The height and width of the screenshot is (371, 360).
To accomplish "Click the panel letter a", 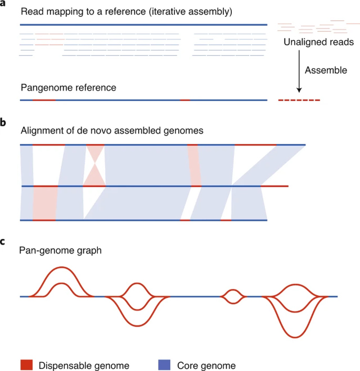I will coord(3,5).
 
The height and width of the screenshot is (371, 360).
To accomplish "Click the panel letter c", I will coord(3,242).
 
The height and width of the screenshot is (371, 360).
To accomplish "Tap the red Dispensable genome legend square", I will coord(26,365).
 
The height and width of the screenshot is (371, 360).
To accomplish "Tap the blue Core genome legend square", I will coord(150,365).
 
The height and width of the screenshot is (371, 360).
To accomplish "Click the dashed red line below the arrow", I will coord(299,100).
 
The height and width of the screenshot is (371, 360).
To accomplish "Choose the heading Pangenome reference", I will coord(68,88).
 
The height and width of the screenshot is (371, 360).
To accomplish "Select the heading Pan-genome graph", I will coord(61,251).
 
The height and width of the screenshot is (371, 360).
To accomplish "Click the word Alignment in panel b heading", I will coord(40,130).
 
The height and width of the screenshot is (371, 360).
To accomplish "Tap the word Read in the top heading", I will coord(30,11).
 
